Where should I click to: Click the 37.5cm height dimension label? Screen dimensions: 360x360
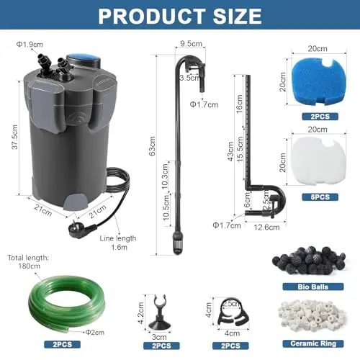[15, 137]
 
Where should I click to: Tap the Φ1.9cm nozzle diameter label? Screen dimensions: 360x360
[30, 45]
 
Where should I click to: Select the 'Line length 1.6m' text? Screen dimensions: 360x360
[118, 243]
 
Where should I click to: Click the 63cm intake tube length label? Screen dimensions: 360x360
[152, 146]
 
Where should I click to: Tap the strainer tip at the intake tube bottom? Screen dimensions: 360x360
[178, 244]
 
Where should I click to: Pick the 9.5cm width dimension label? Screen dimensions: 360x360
[192, 44]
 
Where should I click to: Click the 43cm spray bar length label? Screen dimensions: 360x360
[230, 151]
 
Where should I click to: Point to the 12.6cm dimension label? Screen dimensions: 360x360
[266, 228]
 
